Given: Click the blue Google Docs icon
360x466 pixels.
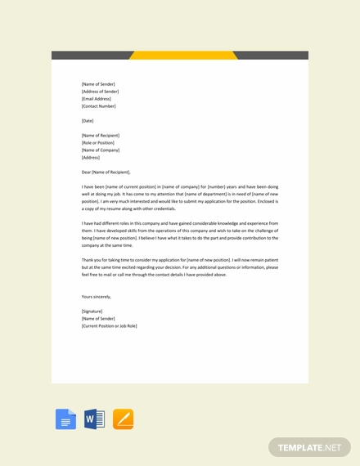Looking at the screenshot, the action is [x=65, y=419].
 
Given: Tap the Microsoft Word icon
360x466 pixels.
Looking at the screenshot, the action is [x=94, y=419].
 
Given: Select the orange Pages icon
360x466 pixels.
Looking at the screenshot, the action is [x=123, y=419].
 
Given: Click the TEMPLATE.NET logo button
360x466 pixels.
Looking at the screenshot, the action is [x=308, y=447].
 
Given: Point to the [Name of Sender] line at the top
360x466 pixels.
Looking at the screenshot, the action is [x=98, y=84].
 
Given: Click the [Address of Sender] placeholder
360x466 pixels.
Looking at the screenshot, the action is [x=101, y=92].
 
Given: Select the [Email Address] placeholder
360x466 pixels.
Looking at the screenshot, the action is [x=97, y=99].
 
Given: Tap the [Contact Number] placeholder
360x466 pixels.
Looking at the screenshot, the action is [x=99, y=106].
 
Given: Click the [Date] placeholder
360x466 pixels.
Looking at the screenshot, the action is [x=88, y=121].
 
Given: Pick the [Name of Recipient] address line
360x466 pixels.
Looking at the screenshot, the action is [x=101, y=136].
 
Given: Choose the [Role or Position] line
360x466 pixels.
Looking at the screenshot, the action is [x=99, y=143].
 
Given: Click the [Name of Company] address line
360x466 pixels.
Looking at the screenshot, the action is [x=101, y=150].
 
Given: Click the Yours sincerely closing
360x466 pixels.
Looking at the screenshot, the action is [x=97, y=297].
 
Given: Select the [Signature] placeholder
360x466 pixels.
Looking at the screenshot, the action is [x=92, y=311].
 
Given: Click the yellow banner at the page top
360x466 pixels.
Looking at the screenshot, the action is [x=183, y=56].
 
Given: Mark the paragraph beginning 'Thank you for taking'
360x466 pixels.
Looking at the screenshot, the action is [x=180, y=267].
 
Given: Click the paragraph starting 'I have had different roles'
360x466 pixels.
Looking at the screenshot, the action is [x=180, y=234].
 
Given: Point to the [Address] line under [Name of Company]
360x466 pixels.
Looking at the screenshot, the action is [x=91, y=158].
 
